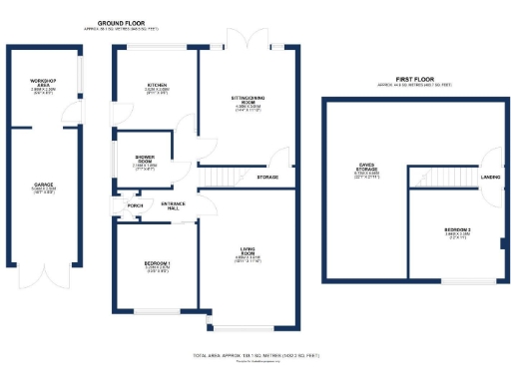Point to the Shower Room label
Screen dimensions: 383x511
coord(145,158)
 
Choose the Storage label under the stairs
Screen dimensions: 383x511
coord(267,178)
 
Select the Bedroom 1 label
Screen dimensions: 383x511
coord(157,263)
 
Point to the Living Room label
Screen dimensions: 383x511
coord(247,250)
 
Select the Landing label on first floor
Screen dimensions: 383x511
coord(490,178)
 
